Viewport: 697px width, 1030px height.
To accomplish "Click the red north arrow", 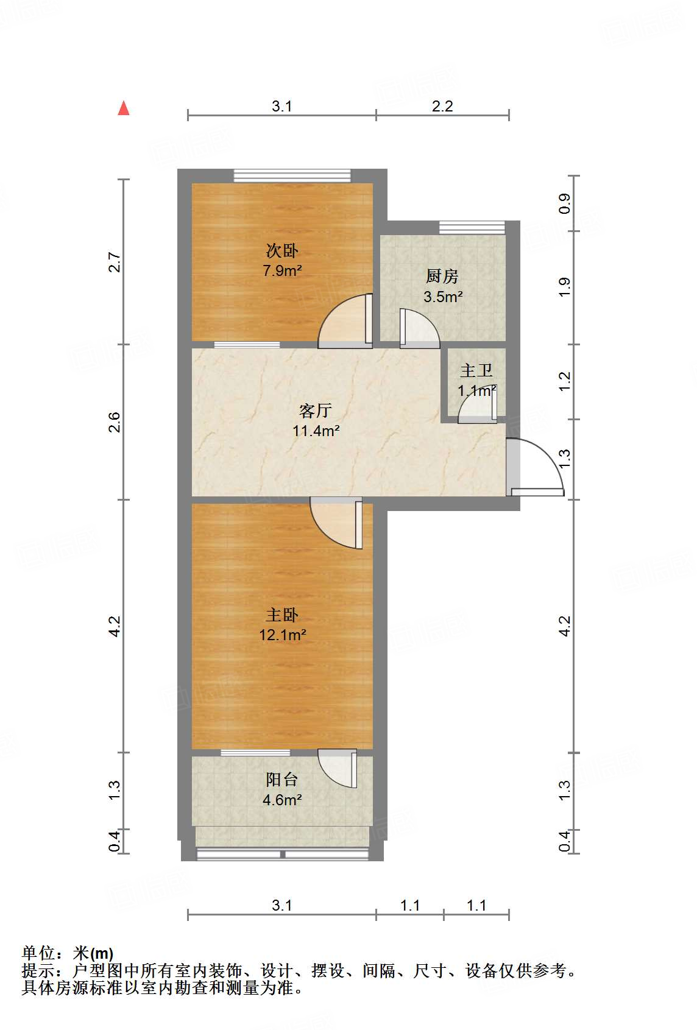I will (x=124, y=108).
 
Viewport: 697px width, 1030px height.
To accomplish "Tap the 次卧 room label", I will (x=282, y=250).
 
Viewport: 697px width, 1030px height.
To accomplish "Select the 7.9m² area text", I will (x=282, y=270).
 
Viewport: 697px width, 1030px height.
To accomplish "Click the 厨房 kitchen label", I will (x=442, y=276).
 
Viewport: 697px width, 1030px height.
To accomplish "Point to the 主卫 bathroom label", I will (x=476, y=370).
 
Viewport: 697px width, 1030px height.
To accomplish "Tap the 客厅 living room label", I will (x=316, y=411).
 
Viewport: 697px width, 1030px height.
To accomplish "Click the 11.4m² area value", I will (x=316, y=431).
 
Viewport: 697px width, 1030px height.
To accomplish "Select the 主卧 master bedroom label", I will (x=282, y=615).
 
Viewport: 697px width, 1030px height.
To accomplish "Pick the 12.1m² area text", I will (x=282, y=635).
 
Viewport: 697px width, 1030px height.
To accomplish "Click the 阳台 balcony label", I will (x=282, y=779).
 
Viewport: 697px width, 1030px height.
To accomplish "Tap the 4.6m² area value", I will (x=282, y=800).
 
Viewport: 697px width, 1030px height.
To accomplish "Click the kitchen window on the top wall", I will (x=472, y=227).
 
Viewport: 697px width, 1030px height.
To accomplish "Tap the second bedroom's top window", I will (x=292, y=175).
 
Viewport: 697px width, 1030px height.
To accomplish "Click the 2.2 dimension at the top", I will (x=442, y=107).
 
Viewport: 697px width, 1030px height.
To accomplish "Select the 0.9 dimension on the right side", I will (x=564, y=203).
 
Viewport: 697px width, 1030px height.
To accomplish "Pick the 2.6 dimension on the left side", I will (x=114, y=422).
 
